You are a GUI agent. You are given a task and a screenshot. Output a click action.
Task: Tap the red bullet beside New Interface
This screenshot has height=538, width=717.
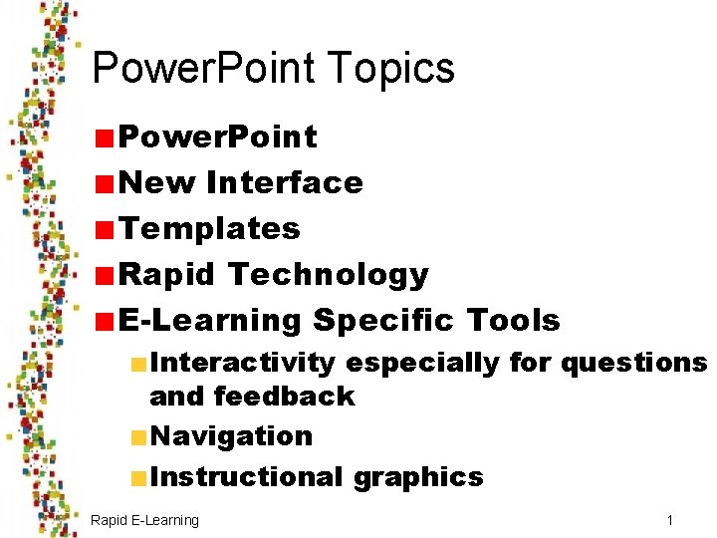104,183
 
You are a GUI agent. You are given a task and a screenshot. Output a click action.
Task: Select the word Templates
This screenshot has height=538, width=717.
209,228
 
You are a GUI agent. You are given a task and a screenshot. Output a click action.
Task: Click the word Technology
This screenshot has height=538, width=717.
328,274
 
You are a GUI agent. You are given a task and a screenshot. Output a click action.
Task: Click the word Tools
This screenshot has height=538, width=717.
512,320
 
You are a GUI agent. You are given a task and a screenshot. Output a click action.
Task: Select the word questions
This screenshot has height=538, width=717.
633,362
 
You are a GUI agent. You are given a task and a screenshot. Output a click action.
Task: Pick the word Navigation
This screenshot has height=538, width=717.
231,435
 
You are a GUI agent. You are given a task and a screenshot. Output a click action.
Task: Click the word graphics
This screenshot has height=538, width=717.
418,476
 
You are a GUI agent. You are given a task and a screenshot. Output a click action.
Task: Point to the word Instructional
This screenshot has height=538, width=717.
246,476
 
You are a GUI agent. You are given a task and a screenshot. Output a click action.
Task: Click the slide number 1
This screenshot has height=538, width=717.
670,520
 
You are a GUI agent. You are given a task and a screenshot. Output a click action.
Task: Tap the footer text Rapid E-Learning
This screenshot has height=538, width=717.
144,520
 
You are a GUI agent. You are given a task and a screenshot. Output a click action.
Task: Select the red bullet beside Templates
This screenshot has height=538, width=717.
104,229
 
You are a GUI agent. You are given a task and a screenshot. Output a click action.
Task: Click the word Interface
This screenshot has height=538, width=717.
284,182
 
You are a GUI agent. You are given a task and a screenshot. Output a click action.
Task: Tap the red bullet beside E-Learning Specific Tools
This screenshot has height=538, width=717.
104,321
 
